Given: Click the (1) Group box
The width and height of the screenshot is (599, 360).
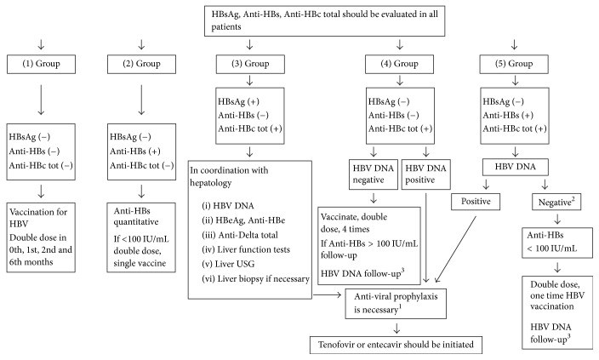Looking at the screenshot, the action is [41, 64].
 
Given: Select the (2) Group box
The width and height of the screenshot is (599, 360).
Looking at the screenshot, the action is [141, 64].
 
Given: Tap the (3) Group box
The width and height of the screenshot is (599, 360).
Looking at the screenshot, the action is [250, 64].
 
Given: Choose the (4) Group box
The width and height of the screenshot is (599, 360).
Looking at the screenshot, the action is [400, 64].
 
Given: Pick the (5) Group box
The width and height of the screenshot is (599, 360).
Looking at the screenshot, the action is [514, 64].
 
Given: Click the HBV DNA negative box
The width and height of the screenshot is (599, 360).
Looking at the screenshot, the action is [374, 174].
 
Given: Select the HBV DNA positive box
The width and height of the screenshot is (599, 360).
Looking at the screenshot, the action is [426, 174].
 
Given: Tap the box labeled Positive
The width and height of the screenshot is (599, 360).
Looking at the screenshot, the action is [476, 202].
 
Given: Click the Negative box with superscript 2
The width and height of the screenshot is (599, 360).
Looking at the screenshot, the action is [556, 202].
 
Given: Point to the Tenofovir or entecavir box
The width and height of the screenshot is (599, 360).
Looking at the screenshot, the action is [396, 345].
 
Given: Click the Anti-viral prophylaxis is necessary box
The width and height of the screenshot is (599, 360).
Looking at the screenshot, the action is [396, 304].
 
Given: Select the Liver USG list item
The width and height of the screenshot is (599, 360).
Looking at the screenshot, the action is [228, 264].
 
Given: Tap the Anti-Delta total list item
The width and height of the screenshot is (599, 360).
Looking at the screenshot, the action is [240, 235].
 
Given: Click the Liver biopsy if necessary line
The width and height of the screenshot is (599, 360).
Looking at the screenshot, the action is [255, 279].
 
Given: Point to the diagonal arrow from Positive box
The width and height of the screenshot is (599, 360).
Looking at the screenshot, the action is [456, 249].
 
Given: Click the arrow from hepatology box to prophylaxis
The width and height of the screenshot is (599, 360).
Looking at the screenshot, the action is [327, 294].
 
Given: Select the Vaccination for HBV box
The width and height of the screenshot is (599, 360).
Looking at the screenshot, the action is [41, 237].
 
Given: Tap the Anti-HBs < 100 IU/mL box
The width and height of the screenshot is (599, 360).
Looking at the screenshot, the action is [557, 243].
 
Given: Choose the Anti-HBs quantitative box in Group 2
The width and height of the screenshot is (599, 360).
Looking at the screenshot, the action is [141, 237].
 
